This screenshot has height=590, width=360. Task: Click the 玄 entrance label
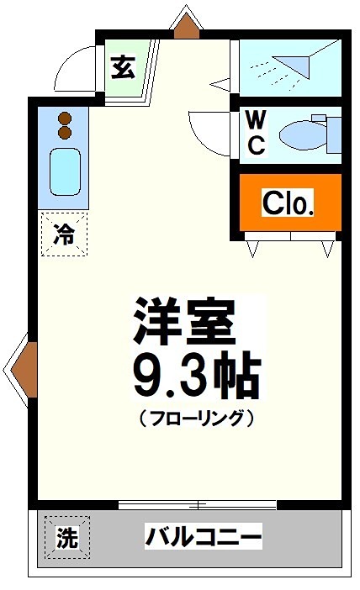point(123,68)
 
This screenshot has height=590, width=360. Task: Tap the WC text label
point(255,132)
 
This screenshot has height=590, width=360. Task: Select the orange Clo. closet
point(289,203)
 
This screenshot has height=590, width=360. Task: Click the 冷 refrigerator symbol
point(63,234)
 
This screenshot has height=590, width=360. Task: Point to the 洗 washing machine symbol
point(66,537)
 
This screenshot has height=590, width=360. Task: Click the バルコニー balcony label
point(204,535)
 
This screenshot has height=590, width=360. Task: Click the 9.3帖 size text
point(194,376)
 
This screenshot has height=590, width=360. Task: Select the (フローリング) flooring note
point(195,417)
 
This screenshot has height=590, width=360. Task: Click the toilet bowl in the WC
point(299,133)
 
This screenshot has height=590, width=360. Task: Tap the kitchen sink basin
point(64,171)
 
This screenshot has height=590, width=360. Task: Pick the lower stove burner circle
point(64,133)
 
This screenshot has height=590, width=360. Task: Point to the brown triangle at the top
point(186,25)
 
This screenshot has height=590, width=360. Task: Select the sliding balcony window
point(199,504)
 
